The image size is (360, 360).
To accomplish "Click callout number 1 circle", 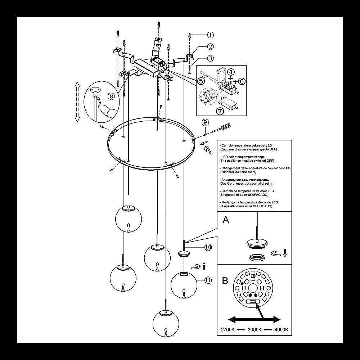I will point(211,35).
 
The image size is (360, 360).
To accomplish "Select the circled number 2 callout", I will point(211,46).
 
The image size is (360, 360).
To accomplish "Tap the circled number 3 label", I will point(211,58).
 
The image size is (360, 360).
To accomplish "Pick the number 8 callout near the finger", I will point(112,96).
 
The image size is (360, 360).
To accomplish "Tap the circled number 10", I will point(208,247).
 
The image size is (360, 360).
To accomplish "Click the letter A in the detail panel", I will point(226,220).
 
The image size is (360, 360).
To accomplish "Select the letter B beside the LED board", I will point(225,280).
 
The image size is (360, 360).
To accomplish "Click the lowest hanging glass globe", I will point(166,323).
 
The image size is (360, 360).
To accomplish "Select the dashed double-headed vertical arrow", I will point(77,102).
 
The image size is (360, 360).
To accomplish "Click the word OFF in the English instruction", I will point(270,161).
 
